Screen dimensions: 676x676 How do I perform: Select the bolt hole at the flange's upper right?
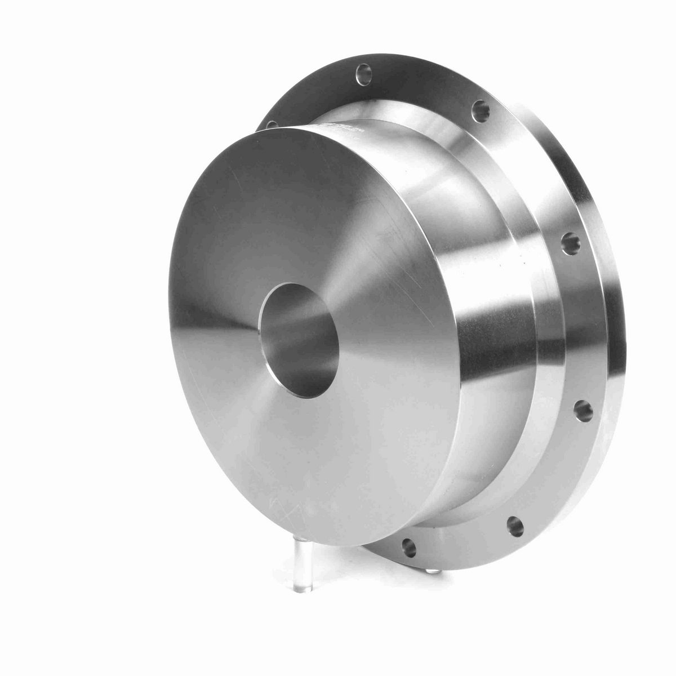tap(480, 106)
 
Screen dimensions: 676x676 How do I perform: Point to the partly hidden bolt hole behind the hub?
tap(271, 124)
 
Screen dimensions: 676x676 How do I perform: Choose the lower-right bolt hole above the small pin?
tap(514, 526)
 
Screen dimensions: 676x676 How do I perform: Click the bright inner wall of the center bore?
tap(315, 315)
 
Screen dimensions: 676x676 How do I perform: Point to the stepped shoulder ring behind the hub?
tap(541, 349)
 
